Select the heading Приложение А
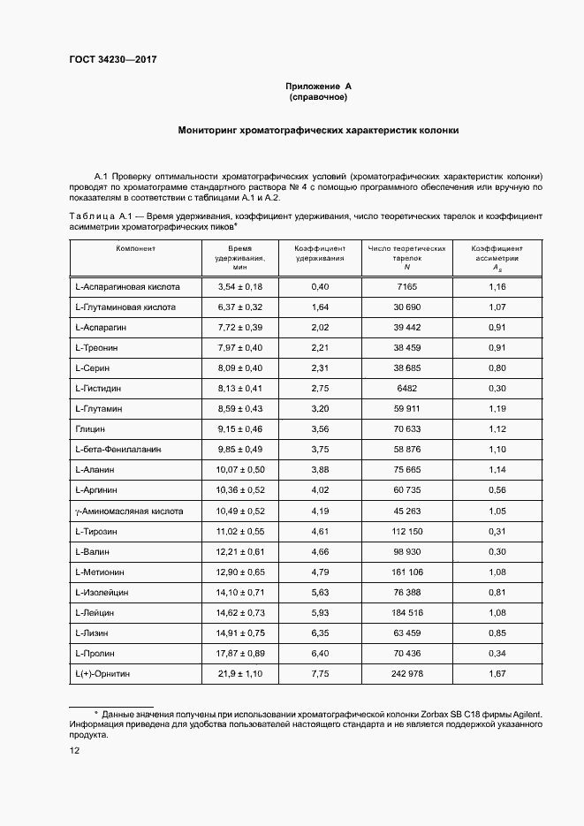tap(319, 86)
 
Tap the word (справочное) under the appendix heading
tap(319, 97)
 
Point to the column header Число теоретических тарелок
tap(407, 257)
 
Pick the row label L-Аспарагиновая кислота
tap(128, 287)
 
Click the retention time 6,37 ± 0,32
tap(239, 307)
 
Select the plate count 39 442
tap(407, 328)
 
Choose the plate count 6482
tap(407, 388)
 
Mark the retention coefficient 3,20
tap(320, 409)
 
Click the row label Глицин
tap(91, 429)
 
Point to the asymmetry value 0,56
tap(497, 490)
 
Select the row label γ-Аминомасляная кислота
tap(130, 511)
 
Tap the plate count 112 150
tap(407, 532)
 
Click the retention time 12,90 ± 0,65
tap(239, 572)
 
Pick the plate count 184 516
tap(407, 613)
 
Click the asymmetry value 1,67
tap(497, 674)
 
